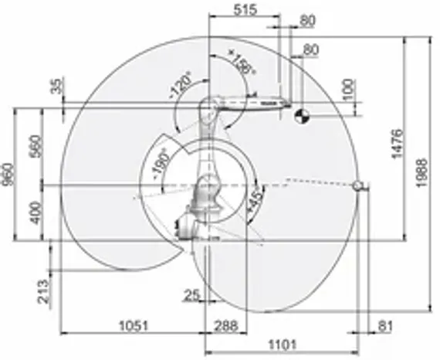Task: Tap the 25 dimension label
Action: click(x=191, y=295)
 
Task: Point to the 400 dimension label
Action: click(x=32, y=212)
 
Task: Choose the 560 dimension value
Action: click(x=32, y=145)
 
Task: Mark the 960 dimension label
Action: click(x=8, y=175)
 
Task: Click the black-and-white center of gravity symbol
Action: click(x=303, y=116)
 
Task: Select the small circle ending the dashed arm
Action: click(x=357, y=185)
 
